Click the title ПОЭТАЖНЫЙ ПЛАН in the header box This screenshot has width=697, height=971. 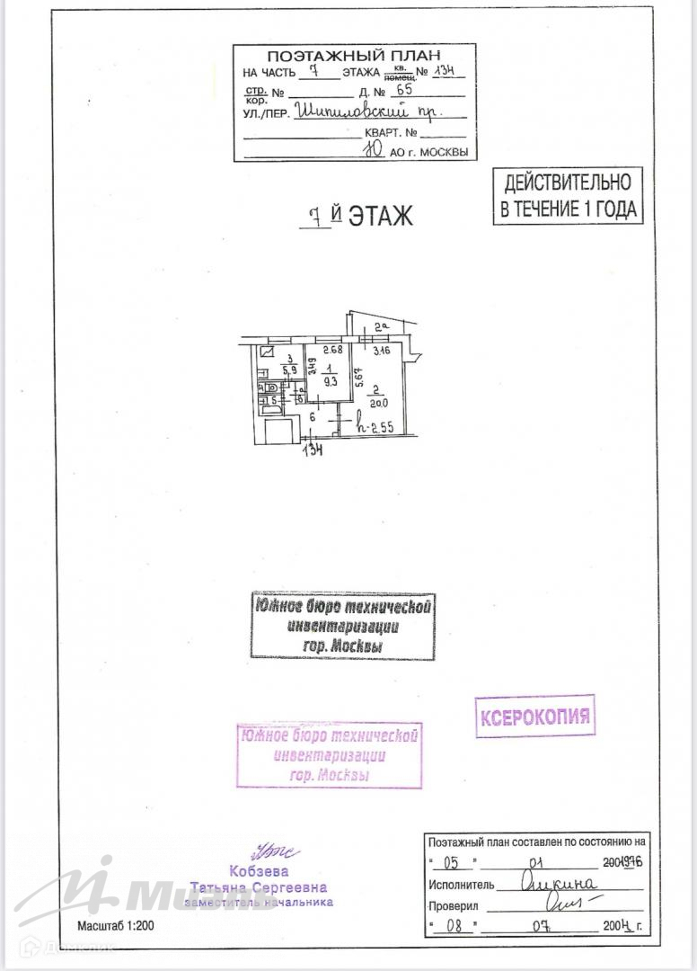[353, 56]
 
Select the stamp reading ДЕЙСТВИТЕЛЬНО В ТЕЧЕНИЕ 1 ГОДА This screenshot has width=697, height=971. [569, 196]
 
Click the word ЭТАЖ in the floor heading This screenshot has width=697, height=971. [380, 216]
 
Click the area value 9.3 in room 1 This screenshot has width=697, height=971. [330, 380]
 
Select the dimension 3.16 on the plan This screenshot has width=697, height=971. [382, 351]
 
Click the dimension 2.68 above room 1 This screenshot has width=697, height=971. [333, 351]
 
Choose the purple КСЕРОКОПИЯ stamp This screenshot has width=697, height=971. [534, 717]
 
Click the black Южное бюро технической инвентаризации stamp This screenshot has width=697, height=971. [343, 626]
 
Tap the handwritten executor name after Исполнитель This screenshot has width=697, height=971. [558, 883]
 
